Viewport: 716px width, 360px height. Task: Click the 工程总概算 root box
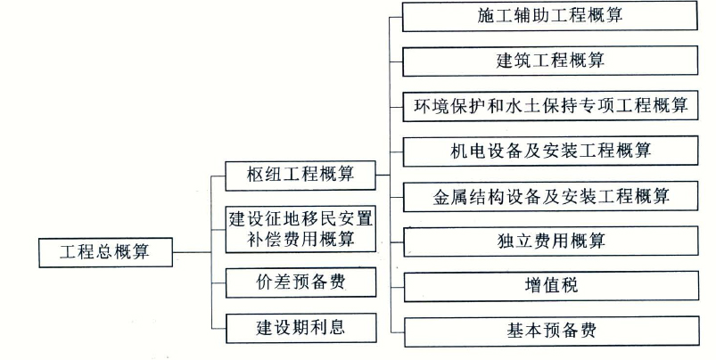tap(105, 252)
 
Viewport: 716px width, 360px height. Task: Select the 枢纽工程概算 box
tap(300, 176)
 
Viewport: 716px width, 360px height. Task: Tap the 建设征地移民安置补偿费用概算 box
tap(300, 229)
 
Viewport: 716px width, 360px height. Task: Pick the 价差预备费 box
tap(300, 282)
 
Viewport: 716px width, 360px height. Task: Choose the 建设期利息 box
tap(300, 328)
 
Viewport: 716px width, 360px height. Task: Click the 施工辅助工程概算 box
tap(550, 16)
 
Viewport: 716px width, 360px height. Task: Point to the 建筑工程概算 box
tap(550, 61)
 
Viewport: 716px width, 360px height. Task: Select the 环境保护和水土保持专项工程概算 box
tap(550, 106)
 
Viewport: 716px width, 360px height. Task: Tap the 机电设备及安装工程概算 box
tap(551, 151)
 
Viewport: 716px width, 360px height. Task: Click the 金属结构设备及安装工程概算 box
tap(551, 196)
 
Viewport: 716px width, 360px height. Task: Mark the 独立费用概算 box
tap(551, 241)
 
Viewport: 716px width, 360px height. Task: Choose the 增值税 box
tap(551, 286)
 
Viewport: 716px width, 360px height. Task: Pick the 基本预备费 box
tap(552, 331)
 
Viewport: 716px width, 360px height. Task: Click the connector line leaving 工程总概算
tap(192, 252)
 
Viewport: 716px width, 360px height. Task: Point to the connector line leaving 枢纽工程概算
tap(383, 175)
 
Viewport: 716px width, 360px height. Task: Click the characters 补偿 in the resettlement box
tap(265, 240)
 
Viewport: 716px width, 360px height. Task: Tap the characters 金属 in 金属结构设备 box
tap(450, 197)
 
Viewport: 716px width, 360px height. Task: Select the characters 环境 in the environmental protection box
tap(432, 106)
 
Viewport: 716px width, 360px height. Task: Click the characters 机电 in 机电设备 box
tap(468, 151)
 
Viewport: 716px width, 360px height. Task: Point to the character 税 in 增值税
tap(570, 286)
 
